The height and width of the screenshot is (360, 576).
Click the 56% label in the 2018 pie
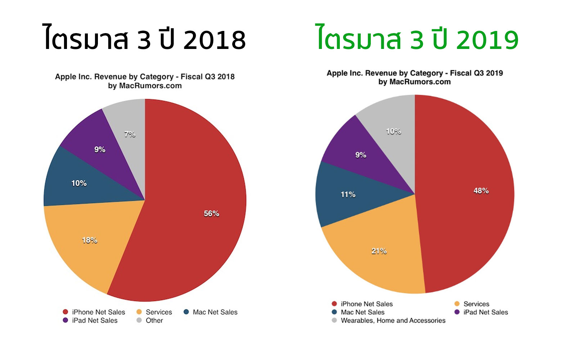coord(211,213)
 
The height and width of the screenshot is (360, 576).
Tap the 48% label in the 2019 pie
coord(481,191)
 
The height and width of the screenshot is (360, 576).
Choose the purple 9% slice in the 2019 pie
coord(360,155)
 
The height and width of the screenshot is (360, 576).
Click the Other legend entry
coord(154,320)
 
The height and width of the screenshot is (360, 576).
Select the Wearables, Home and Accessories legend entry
coord(393,320)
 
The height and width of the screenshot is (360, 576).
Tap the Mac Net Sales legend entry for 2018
coord(215,312)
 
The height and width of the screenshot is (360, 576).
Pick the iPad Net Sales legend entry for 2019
coord(485,312)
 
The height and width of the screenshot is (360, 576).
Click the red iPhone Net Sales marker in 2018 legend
coord(65,312)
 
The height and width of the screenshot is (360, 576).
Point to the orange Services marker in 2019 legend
coord(457,304)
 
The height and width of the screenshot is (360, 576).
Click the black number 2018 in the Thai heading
coord(215,40)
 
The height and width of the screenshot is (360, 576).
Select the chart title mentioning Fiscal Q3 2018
coord(145,77)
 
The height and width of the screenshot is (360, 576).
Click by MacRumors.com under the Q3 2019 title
coord(414,82)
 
